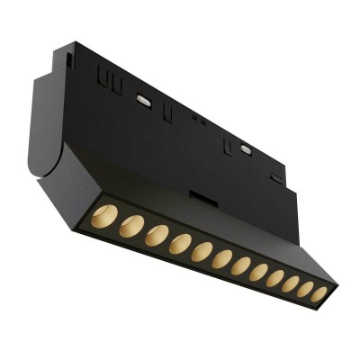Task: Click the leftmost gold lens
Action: [x=101, y=216]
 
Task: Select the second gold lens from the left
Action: [x=130, y=226]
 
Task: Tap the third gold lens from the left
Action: [x=157, y=235]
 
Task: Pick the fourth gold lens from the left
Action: [x=180, y=243]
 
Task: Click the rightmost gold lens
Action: [x=319, y=292]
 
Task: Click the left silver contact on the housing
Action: [x=142, y=101]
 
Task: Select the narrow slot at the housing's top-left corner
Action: [x=69, y=60]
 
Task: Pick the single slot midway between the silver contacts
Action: [x=167, y=113]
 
